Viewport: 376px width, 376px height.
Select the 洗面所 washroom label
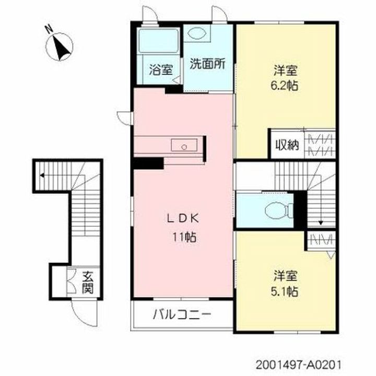(207, 64)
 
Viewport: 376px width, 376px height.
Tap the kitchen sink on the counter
(183, 146)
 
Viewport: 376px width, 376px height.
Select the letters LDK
(182, 219)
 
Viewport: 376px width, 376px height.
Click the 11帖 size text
(182, 237)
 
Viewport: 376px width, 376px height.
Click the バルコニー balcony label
(182, 314)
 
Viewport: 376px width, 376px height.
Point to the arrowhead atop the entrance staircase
(40, 175)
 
